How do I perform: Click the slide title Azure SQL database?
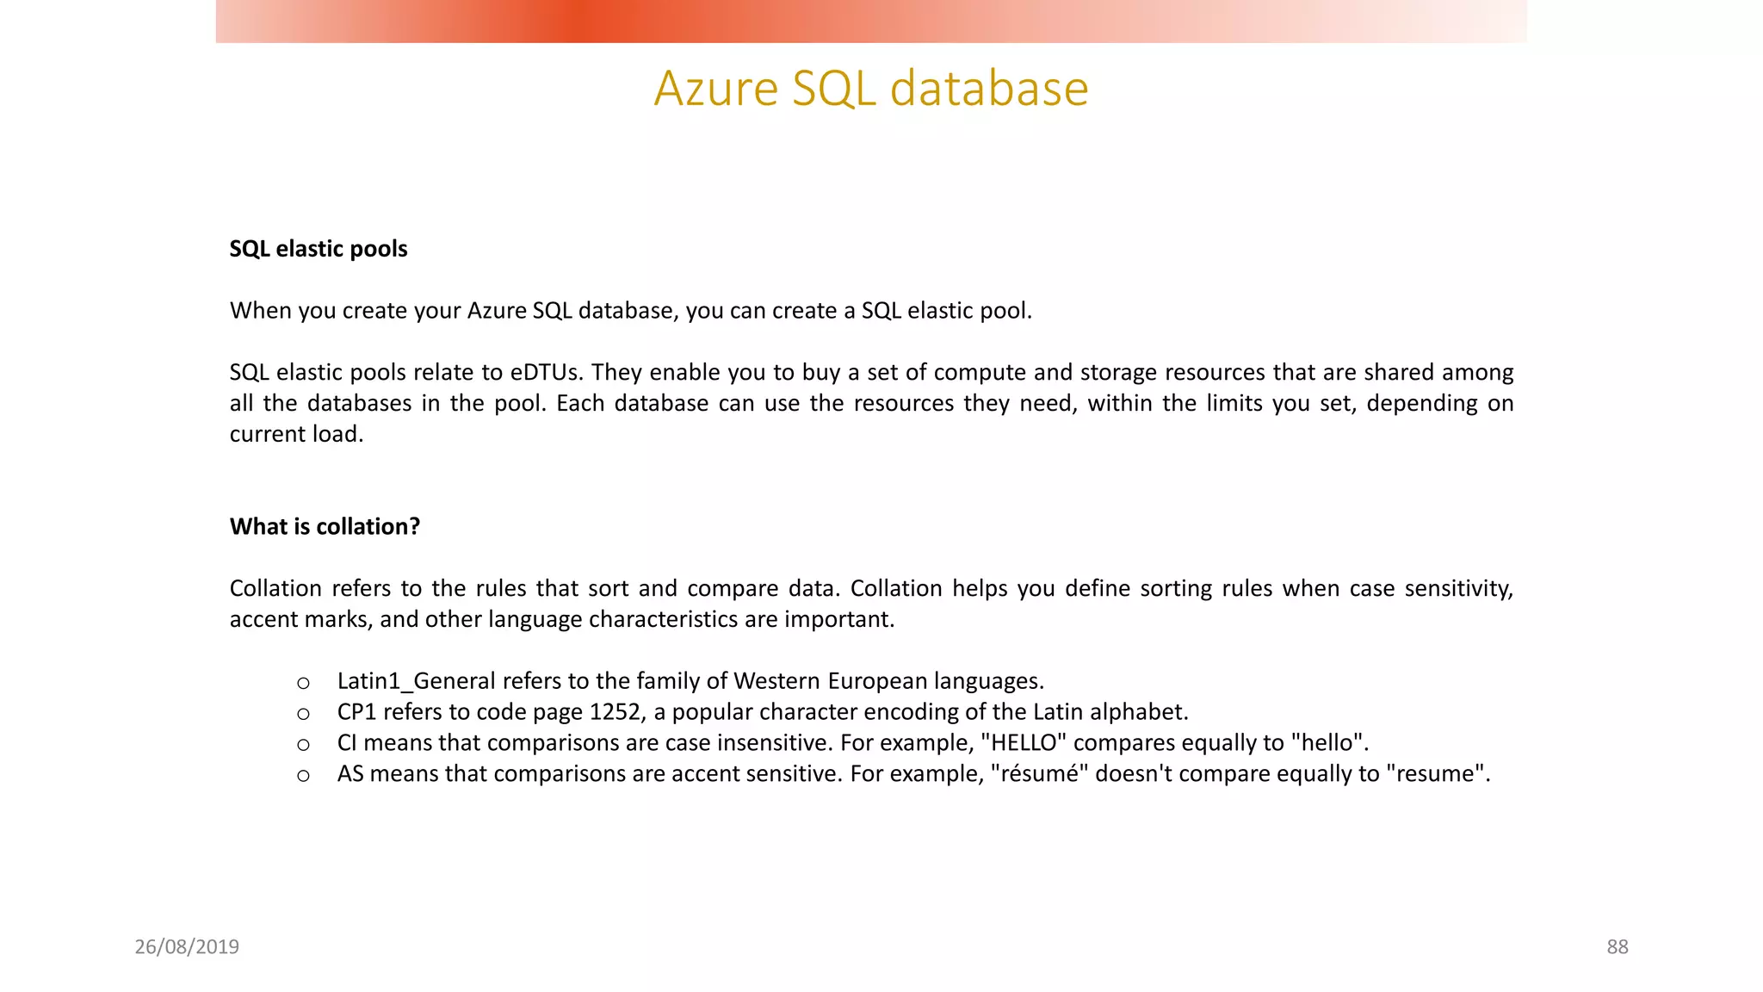pyautogui.click(x=871, y=88)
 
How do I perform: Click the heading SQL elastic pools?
pyautogui.click(x=319, y=249)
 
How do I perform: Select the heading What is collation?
pyautogui.click(x=325, y=526)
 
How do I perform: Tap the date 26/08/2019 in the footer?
pyautogui.click(x=187, y=946)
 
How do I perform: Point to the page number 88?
pyautogui.click(x=1617, y=946)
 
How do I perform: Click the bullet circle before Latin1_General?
pyautogui.click(x=303, y=684)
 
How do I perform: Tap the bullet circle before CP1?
pyautogui.click(x=303, y=714)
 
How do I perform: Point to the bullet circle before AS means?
pyautogui.click(x=303, y=776)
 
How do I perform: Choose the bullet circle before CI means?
pyautogui.click(x=303, y=745)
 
